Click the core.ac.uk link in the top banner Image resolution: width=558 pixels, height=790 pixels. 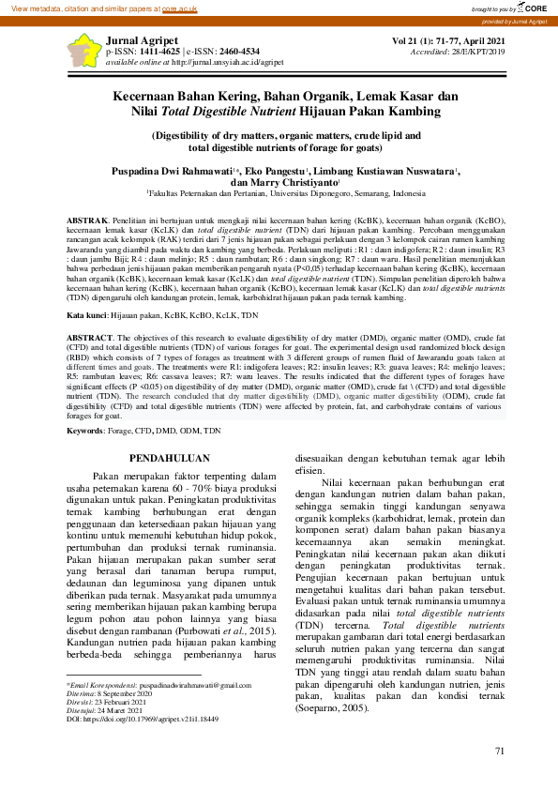180,8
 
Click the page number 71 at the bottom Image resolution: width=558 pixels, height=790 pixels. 500,751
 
